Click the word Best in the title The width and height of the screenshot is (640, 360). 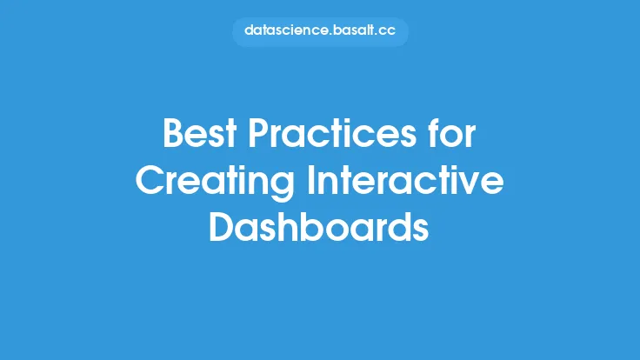click(x=200, y=133)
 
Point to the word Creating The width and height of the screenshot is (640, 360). click(x=215, y=182)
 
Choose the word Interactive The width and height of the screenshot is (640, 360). click(x=406, y=180)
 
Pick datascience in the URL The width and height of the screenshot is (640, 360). click(x=286, y=30)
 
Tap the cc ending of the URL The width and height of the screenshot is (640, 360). click(x=386, y=31)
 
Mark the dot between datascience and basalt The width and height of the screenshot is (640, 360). click(x=330, y=35)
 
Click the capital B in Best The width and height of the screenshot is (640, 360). click(x=173, y=133)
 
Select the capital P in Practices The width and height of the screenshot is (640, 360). click(x=257, y=133)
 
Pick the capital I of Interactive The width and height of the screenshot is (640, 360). click(x=310, y=180)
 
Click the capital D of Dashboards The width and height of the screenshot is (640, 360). click(x=222, y=227)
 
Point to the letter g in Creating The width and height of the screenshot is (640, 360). click(x=282, y=187)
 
